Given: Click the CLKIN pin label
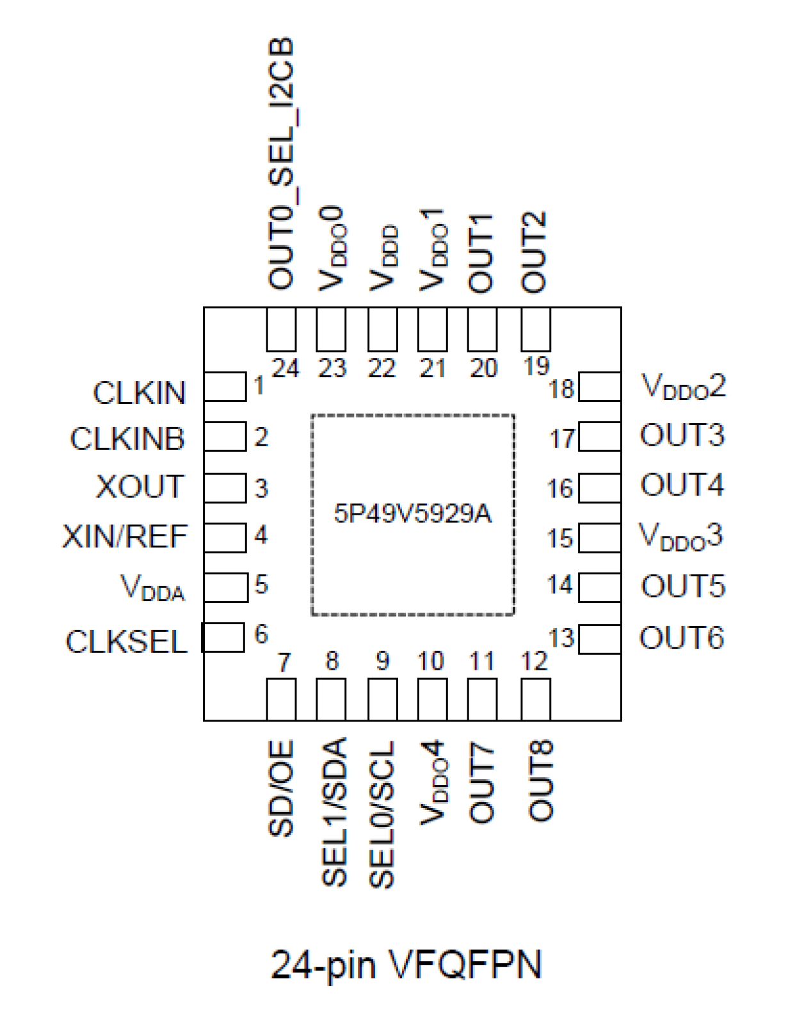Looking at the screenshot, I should tap(139, 392).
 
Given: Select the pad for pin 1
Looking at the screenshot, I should tap(225, 387).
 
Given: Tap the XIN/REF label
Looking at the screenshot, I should tap(125, 536).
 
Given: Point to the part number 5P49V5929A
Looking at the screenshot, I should tap(412, 513).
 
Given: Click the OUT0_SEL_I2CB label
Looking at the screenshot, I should tap(281, 164).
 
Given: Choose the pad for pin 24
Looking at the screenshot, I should tap(281, 329).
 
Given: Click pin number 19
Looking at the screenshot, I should tap(536, 366).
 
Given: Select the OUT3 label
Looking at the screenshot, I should tap(682, 435).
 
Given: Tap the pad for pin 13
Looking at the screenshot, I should tap(600, 639).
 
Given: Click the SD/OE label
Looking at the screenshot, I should tap(281, 788).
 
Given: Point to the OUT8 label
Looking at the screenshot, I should tap(540, 781).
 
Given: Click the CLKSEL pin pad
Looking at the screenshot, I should tap(223, 638).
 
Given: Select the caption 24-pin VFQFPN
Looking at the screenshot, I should tap(406, 964).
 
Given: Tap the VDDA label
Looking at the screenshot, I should tap(152, 587).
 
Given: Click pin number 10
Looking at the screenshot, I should tap(431, 661).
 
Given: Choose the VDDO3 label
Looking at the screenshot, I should tap(681, 536).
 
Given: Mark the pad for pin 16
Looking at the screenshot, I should tap(600, 488).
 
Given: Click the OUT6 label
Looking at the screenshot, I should tap(682, 638).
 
